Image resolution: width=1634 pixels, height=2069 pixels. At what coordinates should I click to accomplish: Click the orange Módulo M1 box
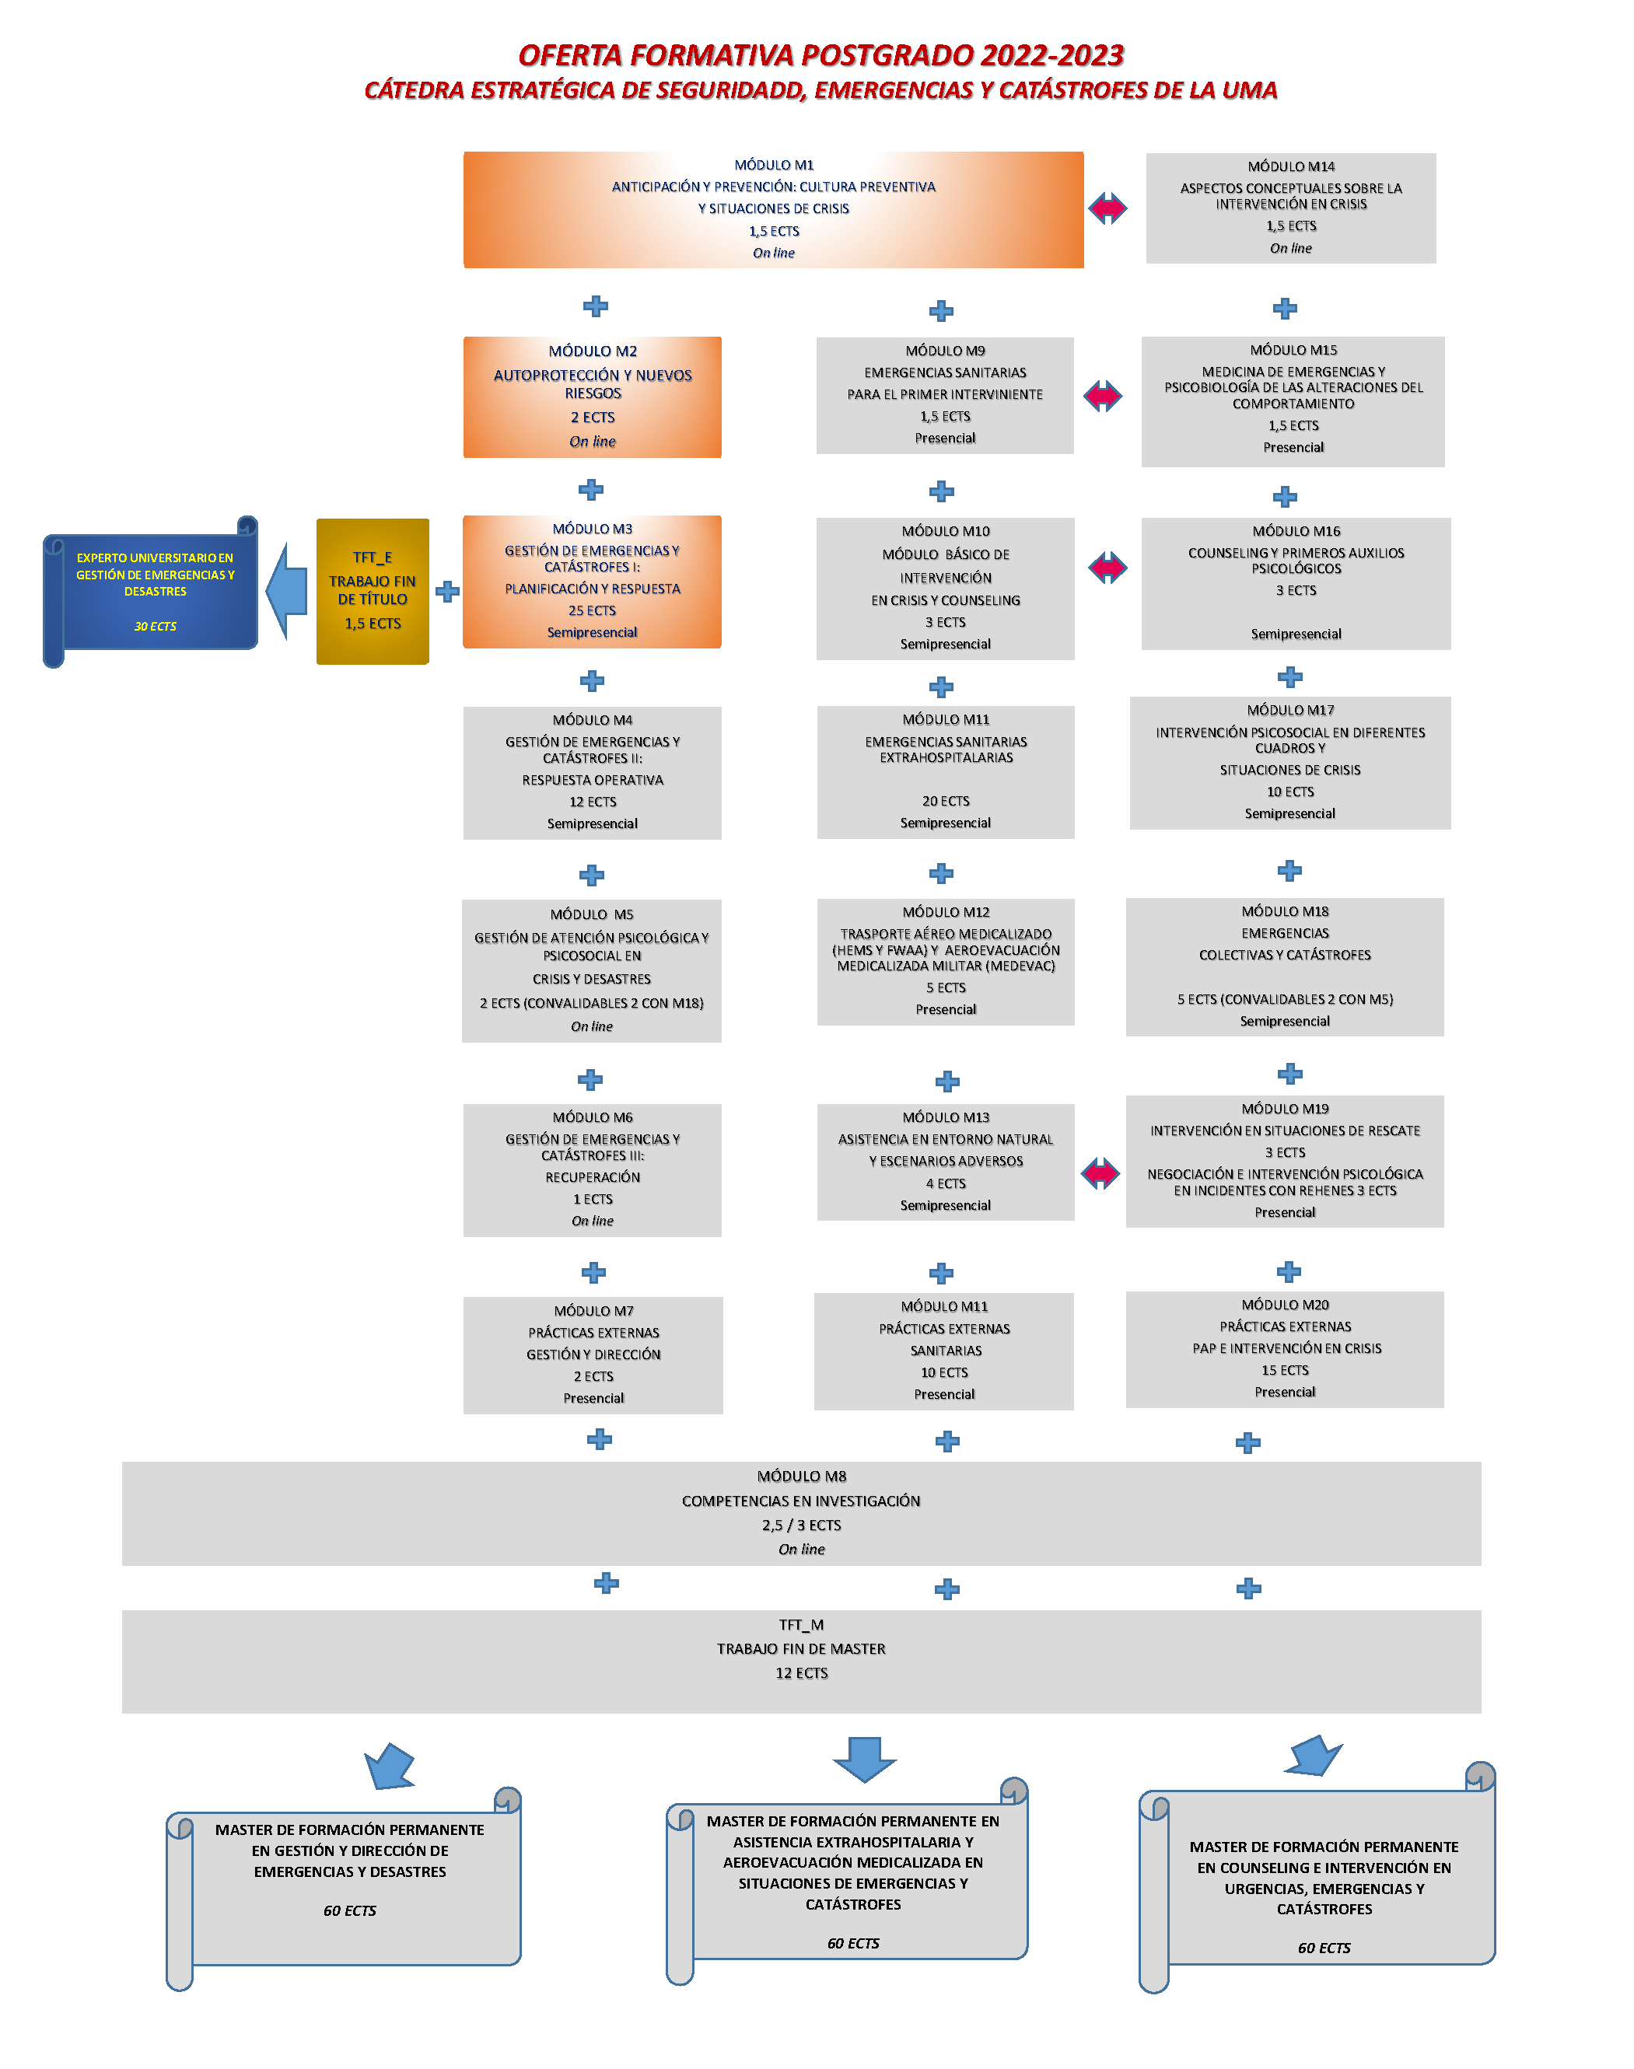point(773,209)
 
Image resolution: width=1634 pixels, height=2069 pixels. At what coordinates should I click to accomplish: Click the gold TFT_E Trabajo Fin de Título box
point(373,591)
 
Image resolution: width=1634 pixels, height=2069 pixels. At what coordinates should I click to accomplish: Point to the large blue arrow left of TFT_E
point(286,591)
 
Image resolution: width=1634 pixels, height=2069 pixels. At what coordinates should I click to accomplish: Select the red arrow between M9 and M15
point(1103,395)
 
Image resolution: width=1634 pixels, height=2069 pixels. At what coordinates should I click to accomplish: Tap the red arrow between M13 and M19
point(1100,1173)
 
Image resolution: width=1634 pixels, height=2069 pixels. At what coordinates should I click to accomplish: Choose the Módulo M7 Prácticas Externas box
point(593,1354)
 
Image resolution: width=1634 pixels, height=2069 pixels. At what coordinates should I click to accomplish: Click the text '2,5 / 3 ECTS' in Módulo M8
point(802,1525)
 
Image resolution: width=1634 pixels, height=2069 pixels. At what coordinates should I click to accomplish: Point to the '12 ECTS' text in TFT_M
point(802,1673)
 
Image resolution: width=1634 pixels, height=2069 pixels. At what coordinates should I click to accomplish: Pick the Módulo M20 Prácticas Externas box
point(1285,1349)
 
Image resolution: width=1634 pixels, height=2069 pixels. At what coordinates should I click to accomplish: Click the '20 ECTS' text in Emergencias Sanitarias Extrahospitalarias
point(946,801)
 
